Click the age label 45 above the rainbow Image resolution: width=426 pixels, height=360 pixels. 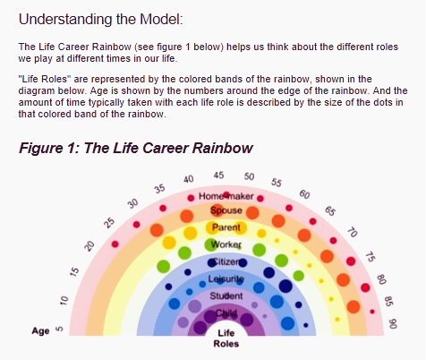pos(218,175)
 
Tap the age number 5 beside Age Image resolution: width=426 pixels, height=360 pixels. pos(60,329)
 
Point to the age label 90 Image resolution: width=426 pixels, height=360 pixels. pos(393,323)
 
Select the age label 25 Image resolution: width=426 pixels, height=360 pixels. pos(110,223)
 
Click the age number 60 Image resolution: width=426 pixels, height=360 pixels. pos(304,194)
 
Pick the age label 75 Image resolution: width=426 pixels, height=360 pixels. pos(370,257)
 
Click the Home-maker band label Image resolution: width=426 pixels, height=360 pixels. pos(226,196)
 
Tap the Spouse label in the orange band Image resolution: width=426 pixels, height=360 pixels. pos(226,210)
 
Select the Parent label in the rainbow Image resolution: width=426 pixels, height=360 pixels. pos(226,227)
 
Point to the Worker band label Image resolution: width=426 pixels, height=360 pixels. pos(226,244)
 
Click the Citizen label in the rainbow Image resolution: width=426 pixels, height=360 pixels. pos(226,261)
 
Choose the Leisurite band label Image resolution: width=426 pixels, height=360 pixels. pos(226,279)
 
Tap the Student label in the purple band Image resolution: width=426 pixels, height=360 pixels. pos(226,296)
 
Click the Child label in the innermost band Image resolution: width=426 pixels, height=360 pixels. pos(226,313)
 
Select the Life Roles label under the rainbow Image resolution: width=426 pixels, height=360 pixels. pos(226,339)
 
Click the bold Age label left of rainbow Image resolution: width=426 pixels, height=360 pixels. pos(40,331)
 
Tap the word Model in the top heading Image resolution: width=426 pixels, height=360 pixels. pos(161,20)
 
